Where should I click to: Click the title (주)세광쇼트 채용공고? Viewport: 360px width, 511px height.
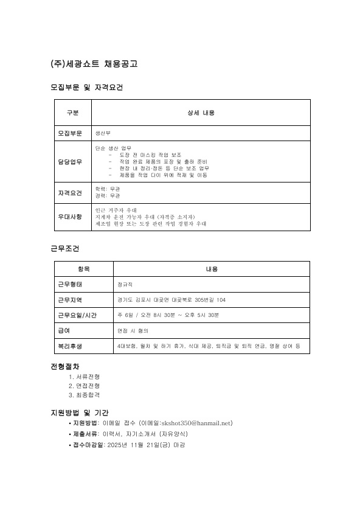(x=94, y=64)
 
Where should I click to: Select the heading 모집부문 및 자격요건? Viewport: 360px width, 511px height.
(x=86, y=88)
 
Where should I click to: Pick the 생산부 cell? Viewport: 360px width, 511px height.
(x=103, y=133)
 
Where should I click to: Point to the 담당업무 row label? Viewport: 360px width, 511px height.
(x=71, y=161)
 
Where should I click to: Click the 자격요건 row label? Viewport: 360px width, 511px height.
(x=71, y=193)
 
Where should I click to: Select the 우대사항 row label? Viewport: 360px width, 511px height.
(x=71, y=217)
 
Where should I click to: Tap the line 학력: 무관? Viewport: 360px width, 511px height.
(x=108, y=189)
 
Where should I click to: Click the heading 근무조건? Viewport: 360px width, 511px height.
(x=64, y=249)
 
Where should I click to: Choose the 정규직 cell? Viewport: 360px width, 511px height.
(x=125, y=284)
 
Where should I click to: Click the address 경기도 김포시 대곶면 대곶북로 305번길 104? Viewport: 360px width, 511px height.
(x=171, y=300)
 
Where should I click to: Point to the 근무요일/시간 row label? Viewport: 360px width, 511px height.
(x=77, y=315)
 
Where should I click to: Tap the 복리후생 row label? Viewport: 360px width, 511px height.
(x=70, y=346)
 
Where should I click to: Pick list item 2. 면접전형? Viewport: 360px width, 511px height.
(x=85, y=386)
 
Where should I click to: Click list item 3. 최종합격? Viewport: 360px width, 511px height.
(x=85, y=395)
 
